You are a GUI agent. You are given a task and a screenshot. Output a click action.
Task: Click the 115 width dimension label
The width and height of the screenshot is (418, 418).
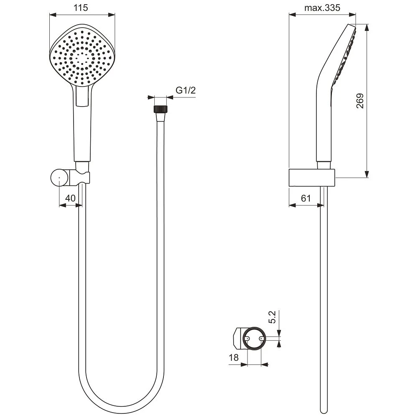click(81, 8)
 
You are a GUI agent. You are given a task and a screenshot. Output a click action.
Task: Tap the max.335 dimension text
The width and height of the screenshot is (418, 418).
click(322, 8)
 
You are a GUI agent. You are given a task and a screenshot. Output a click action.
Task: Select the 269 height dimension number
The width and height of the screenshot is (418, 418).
click(360, 100)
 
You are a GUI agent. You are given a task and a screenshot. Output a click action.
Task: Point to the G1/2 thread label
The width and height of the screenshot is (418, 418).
click(186, 90)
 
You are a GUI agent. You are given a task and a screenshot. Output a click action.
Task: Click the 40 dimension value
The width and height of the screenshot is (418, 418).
click(70, 198)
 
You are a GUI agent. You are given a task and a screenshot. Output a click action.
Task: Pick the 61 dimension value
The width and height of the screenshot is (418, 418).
click(306, 198)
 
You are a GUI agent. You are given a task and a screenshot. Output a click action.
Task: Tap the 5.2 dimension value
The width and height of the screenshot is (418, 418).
click(273, 317)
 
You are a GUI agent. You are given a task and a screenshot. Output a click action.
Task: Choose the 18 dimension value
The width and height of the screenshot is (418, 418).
click(234, 357)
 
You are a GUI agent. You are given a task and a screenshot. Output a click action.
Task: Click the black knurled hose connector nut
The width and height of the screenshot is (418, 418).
click(161, 109)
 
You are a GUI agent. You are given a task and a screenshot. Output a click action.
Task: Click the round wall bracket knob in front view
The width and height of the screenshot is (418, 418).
click(59, 177)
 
